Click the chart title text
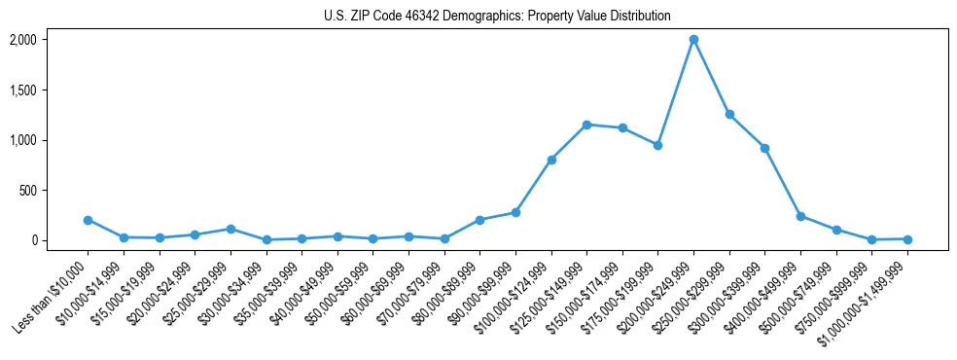coord(497,16)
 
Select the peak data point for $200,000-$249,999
coord(693,40)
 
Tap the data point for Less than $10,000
coord(88,220)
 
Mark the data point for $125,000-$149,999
coord(586,125)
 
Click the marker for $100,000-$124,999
coord(551,160)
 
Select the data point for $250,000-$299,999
coord(729,115)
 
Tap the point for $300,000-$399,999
coord(765,148)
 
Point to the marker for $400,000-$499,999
coord(800,216)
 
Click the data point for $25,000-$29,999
coord(230,229)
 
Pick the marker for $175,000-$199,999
coord(658,145)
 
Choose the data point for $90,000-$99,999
coord(515,212)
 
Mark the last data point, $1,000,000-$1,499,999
coord(907,238)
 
